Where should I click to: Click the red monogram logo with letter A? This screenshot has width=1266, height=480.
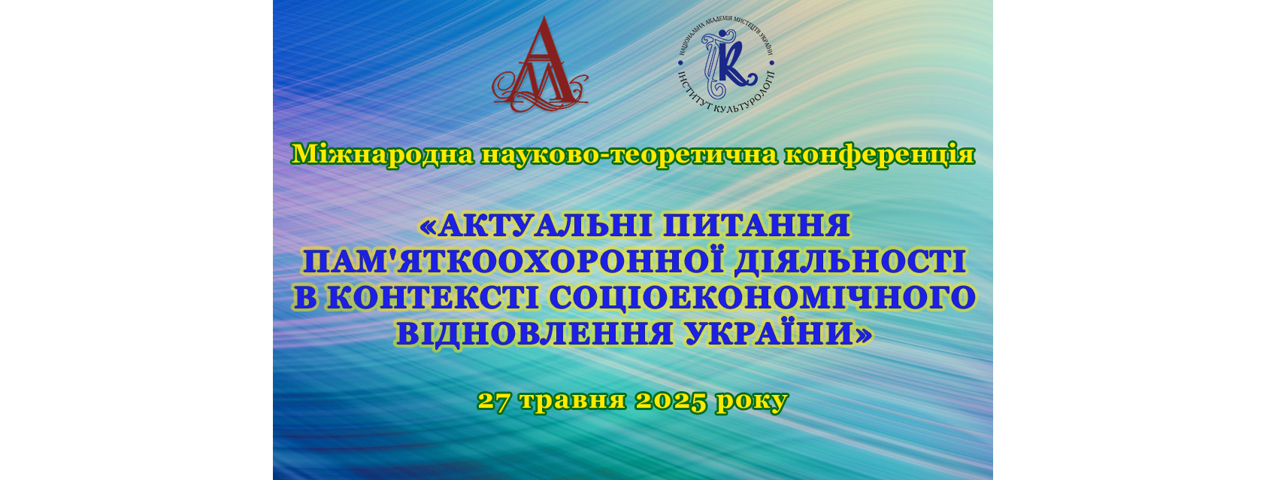[x=540, y=65]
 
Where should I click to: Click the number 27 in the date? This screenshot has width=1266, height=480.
[x=495, y=401]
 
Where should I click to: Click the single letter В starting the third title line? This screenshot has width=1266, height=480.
[x=305, y=298]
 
